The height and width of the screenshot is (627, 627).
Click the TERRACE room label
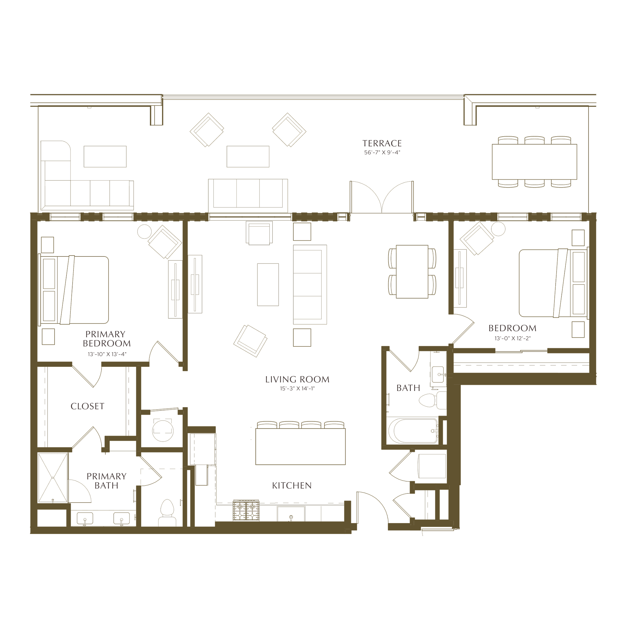382,143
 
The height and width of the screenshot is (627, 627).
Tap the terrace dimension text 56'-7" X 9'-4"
382,152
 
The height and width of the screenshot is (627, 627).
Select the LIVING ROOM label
297,379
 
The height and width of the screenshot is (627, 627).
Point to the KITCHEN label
292,485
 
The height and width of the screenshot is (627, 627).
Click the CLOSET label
88,406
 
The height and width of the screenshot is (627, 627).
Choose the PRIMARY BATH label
106,481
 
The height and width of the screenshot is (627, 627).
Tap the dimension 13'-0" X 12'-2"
512,338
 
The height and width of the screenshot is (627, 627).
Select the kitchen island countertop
300,446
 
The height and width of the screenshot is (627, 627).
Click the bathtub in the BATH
413,431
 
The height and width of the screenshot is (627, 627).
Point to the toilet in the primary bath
167,513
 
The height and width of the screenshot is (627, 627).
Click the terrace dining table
535,162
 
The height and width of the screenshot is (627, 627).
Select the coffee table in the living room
268,285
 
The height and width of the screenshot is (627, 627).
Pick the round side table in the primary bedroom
145,232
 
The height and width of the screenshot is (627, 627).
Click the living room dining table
412,272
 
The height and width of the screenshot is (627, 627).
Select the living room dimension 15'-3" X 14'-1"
297,389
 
